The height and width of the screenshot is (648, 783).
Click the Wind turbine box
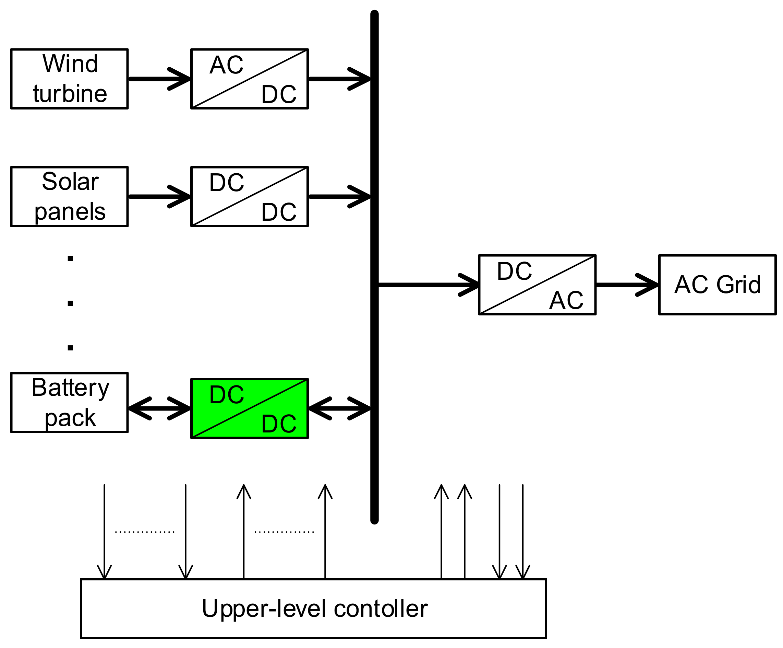tap(69, 79)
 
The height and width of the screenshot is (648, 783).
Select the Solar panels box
tap(69, 197)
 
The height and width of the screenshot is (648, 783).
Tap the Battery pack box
tap(69, 403)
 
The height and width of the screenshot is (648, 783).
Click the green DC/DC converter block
tap(250, 409)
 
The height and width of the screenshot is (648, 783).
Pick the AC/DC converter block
tap(250, 79)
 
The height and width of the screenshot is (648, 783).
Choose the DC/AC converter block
tap(537, 285)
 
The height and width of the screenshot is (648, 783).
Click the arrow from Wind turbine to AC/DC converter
tap(160, 79)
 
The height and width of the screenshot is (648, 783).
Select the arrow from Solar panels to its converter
tap(160, 197)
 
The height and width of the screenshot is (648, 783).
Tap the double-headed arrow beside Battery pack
tap(160, 409)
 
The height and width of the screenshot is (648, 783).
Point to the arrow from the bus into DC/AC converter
tap(429, 285)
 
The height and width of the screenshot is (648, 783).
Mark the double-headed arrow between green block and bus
tap(339, 409)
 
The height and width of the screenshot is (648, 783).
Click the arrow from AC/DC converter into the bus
tap(339, 79)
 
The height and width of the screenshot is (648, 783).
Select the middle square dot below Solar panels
tap(70, 303)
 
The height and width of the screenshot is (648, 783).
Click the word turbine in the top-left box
tap(70, 94)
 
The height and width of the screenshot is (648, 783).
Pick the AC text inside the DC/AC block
tap(566, 300)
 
